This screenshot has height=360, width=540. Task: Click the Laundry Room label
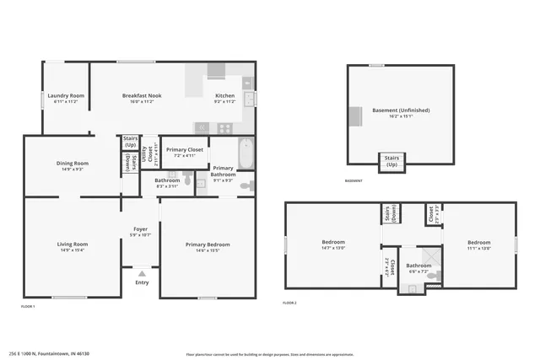point(65,96)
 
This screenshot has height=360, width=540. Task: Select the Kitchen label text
point(224,96)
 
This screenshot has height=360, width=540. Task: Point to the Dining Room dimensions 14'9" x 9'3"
point(72,169)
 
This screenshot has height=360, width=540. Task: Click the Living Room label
point(73,244)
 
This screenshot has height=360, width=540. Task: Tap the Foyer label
point(139,228)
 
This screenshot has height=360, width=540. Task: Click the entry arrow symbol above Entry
point(141,273)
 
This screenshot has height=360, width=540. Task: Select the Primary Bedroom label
point(208,244)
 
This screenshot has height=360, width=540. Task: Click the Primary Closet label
point(184,149)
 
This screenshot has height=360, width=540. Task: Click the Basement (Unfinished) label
point(401,110)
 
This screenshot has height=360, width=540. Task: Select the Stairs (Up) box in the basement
point(391,160)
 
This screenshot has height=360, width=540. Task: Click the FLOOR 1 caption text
point(29,307)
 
